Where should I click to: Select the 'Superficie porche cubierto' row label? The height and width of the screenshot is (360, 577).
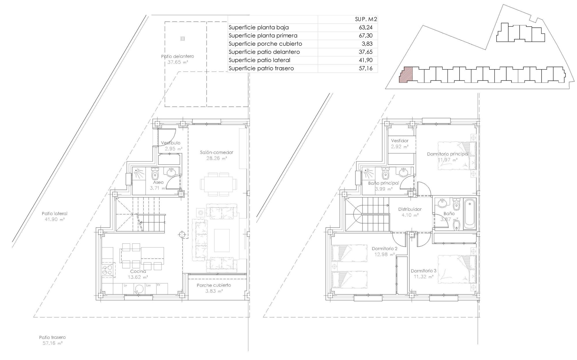tap(265, 44)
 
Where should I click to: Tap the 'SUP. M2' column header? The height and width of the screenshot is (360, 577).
tap(366, 19)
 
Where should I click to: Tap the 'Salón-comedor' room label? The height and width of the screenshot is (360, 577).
tap(217, 152)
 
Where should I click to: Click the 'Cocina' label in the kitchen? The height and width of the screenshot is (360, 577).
tap(138, 271)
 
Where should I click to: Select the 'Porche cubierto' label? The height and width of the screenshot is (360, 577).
tap(214, 285)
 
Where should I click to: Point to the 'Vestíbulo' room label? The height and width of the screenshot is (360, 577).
tap(171, 143)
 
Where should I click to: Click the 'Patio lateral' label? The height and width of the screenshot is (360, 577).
tap(55, 214)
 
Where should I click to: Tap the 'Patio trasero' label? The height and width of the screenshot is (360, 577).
tap(53, 337)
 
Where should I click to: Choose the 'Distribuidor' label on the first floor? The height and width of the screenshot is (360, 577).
tap(410, 209)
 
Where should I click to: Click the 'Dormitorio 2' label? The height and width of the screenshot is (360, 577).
tap(385, 248)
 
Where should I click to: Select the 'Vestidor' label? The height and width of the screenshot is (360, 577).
tap(400, 141)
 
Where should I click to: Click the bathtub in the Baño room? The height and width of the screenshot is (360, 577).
tap(469, 214)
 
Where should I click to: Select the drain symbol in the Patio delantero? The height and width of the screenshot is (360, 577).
tap(182, 38)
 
